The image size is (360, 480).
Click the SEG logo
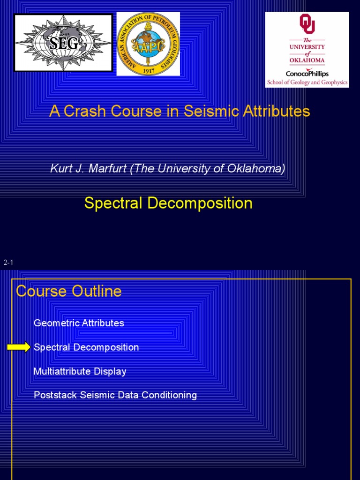click(64, 43)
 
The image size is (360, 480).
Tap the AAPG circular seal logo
click(148, 44)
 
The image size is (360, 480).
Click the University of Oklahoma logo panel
click(307, 50)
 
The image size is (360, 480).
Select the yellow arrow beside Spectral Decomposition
click(19, 347)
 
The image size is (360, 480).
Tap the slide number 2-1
click(8, 262)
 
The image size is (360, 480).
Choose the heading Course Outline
click(68, 291)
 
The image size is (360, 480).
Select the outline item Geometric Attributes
click(79, 323)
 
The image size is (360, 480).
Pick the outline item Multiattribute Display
click(80, 371)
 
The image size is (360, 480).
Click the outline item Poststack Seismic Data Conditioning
click(115, 395)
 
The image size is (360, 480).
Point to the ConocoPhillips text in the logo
click(307, 74)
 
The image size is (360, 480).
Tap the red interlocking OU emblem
click(307, 24)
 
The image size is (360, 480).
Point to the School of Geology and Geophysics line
click(307, 82)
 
